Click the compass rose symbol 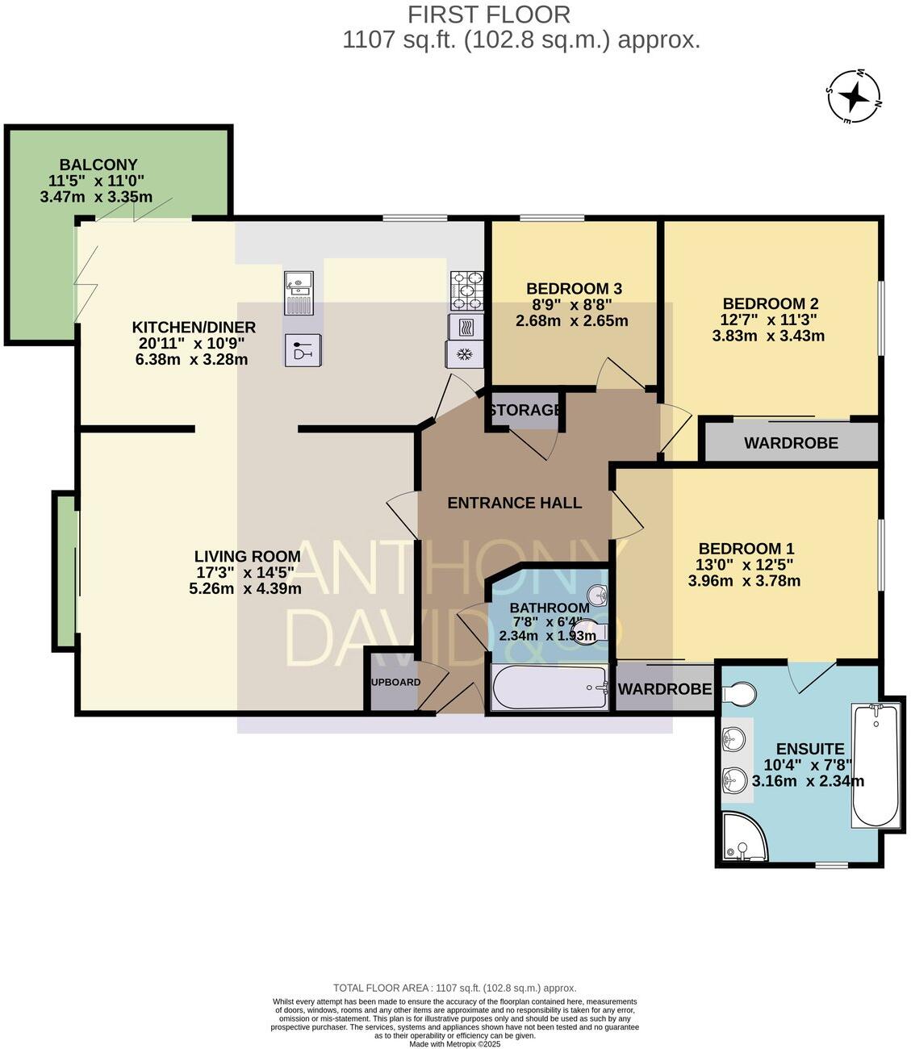click(x=854, y=97)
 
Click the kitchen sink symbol click(x=299, y=292)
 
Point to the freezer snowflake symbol click(x=464, y=354)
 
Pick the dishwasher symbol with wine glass click(x=302, y=350)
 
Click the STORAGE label click(x=524, y=410)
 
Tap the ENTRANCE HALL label click(x=514, y=503)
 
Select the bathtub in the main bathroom click(x=550, y=687)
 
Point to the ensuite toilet click(x=739, y=693)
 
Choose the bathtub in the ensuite click(x=875, y=764)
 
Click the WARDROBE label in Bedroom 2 click(x=791, y=443)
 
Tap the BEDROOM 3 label click(x=574, y=289)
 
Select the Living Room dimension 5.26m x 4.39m click(x=245, y=588)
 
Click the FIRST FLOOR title click(x=489, y=15)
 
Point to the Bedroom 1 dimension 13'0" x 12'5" click(x=744, y=565)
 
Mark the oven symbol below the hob click(x=466, y=327)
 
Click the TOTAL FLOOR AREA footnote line click(x=455, y=988)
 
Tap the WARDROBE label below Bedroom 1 click(x=664, y=689)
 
